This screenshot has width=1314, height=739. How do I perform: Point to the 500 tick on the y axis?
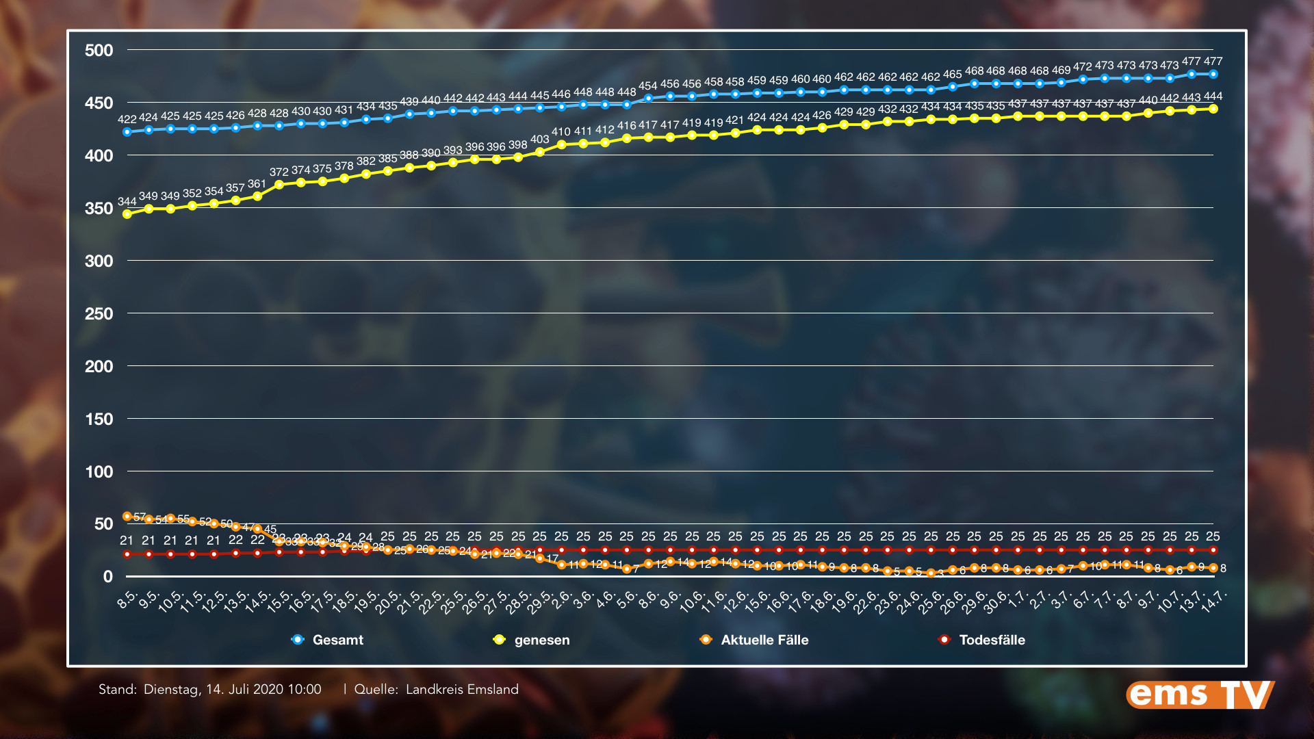[x=99, y=50]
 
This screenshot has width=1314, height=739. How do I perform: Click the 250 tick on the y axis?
[x=99, y=313]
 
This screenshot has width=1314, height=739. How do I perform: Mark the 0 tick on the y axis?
[x=107, y=576]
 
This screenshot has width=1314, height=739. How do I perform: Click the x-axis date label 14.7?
[x=1215, y=600]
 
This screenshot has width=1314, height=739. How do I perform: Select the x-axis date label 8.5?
[x=127, y=600]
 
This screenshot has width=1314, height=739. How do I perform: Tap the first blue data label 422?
[x=127, y=119]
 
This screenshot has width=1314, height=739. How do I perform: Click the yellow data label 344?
[x=127, y=201]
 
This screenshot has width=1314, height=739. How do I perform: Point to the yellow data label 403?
[x=539, y=139]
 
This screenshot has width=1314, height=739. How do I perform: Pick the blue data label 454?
[x=647, y=86]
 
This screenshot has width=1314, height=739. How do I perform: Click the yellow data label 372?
[x=279, y=172]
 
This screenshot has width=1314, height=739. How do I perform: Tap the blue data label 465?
[x=952, y=74]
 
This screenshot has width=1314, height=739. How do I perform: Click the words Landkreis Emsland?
[x=462, y=689]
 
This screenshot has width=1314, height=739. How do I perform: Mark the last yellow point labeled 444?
[x=1213, y=109]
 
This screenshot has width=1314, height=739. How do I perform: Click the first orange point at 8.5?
[x=127, y=517]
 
